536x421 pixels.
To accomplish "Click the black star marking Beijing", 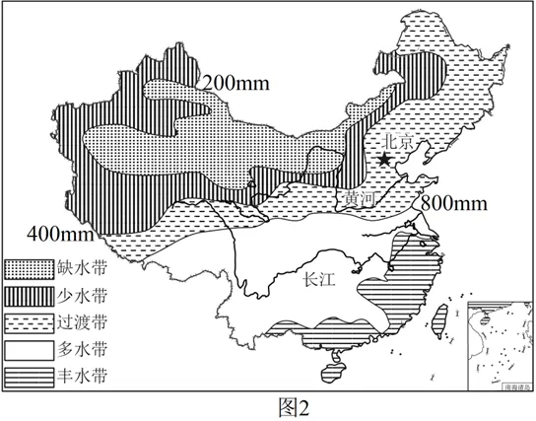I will (385, 159).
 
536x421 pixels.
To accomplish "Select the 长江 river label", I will (320, 280).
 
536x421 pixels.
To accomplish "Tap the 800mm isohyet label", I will (455, 203).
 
